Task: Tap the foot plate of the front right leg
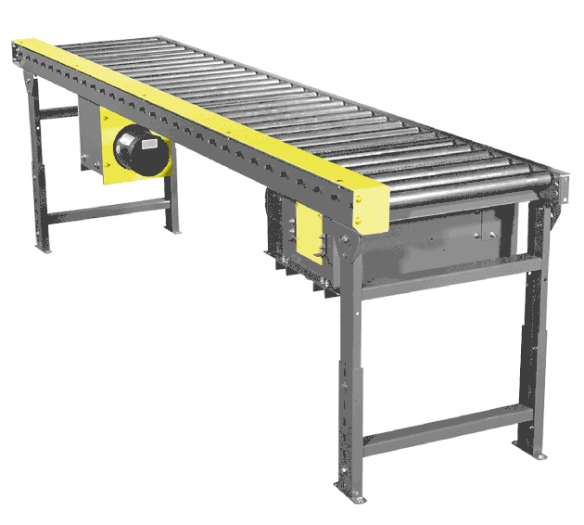(x=530, y=455)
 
